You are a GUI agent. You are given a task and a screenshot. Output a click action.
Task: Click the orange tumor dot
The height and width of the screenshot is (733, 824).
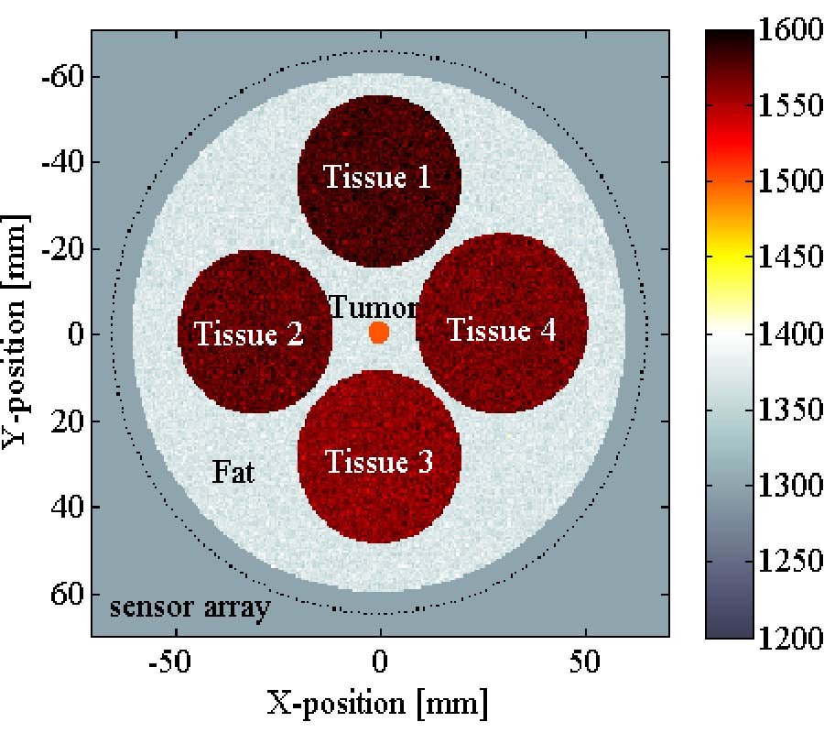(379, 332)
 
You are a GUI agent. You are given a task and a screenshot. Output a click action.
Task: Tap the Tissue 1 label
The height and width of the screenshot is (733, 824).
(377, 176)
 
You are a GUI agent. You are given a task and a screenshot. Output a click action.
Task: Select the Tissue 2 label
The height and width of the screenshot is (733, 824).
(249, 334)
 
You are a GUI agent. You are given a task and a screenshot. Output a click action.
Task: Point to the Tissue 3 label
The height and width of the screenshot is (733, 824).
(379, 462)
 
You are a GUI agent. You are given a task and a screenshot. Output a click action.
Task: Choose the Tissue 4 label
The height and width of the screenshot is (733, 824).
(501, 330)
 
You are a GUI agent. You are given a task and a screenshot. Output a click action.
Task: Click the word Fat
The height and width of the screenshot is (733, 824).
(233, 472)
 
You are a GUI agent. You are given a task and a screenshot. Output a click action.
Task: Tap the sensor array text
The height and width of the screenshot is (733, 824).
(190, 607)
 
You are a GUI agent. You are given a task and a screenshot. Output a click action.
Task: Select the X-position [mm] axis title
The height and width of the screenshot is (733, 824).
(377, 704)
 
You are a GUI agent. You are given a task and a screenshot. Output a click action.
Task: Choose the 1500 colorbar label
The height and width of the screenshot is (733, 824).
(789, 181)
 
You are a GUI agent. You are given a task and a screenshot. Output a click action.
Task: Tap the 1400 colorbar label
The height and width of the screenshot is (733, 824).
(789, 334)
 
